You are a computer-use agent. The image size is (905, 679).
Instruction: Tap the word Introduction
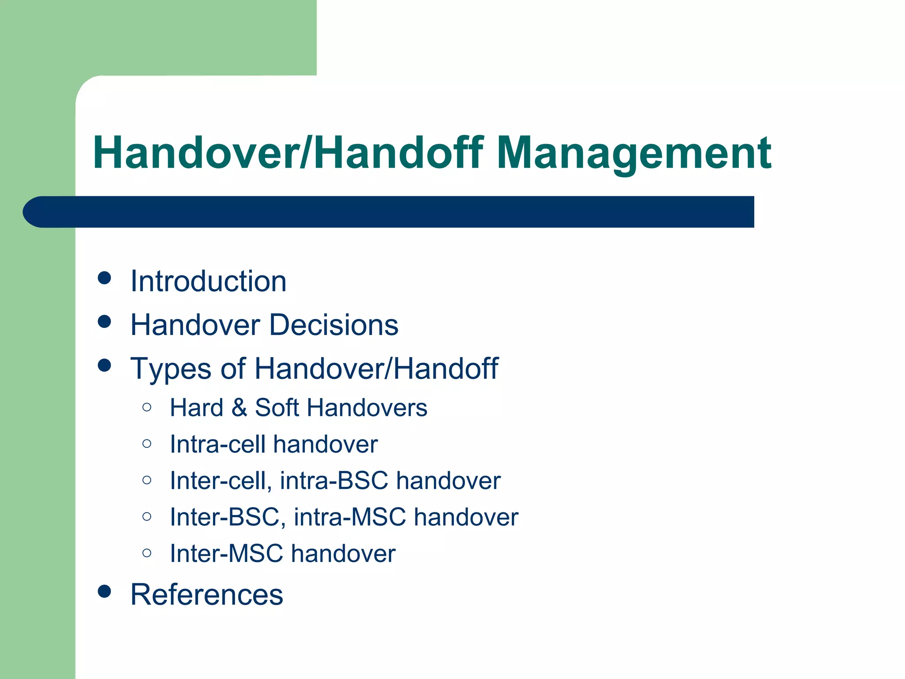(x=208, y=282)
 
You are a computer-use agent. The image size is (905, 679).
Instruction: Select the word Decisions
(x=334, y=325)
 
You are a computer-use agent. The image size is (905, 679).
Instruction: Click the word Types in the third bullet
(x=171, y=369)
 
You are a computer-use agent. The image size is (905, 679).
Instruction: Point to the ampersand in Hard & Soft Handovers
(x=239, y=407)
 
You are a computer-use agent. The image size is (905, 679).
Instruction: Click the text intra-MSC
(x=350, y=517)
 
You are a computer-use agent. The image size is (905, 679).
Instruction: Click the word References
(x=206, y=595)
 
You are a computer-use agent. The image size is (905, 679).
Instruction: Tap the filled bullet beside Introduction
(x=104, y=278)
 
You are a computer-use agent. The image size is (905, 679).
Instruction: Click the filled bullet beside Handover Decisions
(x=104, y=321)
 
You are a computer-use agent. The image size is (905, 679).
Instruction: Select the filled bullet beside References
(x=104, y=591)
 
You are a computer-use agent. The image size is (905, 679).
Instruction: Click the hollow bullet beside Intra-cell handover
(x=147, y=443)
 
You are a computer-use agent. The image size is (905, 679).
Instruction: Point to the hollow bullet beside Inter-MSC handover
(x=147, y=553)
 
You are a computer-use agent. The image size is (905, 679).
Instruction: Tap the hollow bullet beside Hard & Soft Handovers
(x=147, y=407)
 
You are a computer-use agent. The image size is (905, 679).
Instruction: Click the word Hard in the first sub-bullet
(x=196, y=407)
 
